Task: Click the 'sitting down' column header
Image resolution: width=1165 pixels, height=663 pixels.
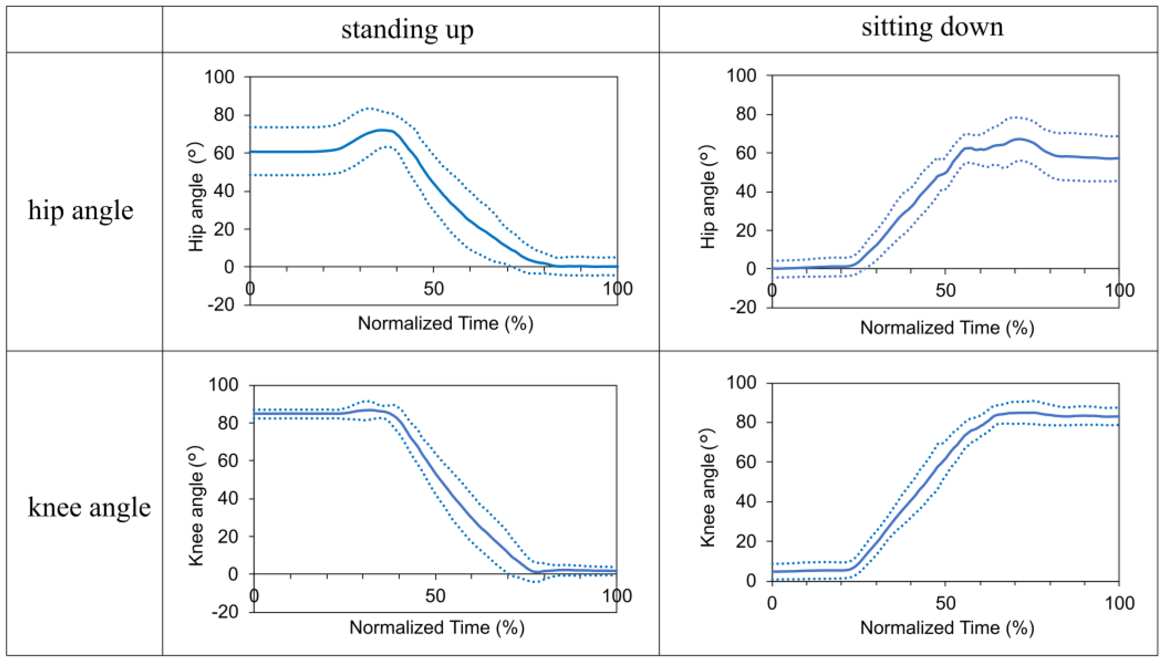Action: [932, 27]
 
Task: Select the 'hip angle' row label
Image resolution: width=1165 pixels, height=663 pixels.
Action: [81, 210]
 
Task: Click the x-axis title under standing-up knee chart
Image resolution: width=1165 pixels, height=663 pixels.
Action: [436, 628]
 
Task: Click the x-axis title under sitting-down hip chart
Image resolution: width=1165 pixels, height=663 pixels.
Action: [947, 327]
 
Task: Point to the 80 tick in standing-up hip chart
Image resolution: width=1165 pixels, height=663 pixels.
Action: [224, 115]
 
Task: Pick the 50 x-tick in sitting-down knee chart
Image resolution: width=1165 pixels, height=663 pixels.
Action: [945, 603]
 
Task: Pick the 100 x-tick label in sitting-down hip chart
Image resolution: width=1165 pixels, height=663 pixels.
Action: [1119, 291]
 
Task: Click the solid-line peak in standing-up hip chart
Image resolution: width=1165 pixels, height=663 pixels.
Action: [382, 130]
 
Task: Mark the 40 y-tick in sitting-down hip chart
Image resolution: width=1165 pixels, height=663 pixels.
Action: [746, 192]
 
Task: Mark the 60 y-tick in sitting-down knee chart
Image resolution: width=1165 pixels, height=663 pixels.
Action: [746, 462]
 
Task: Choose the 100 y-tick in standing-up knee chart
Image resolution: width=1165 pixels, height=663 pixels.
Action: [223, 385]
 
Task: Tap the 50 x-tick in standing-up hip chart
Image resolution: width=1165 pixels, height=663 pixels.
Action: [433, 289]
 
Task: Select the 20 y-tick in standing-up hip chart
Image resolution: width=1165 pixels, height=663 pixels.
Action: [224, 229]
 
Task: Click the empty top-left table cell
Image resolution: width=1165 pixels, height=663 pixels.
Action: [84, 29]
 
